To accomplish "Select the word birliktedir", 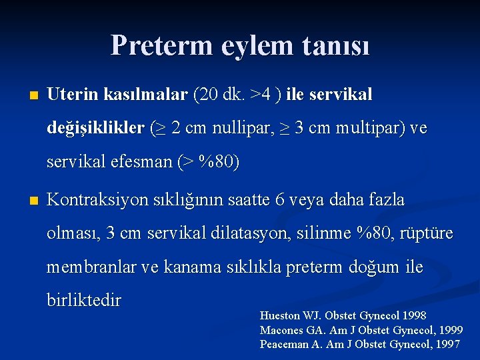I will click(x=84, y=301).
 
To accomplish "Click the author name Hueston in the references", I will click(x=282, y=315).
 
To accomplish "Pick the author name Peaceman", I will click(x=285, y=344).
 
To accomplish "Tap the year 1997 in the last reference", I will click(x=446, y=344).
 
